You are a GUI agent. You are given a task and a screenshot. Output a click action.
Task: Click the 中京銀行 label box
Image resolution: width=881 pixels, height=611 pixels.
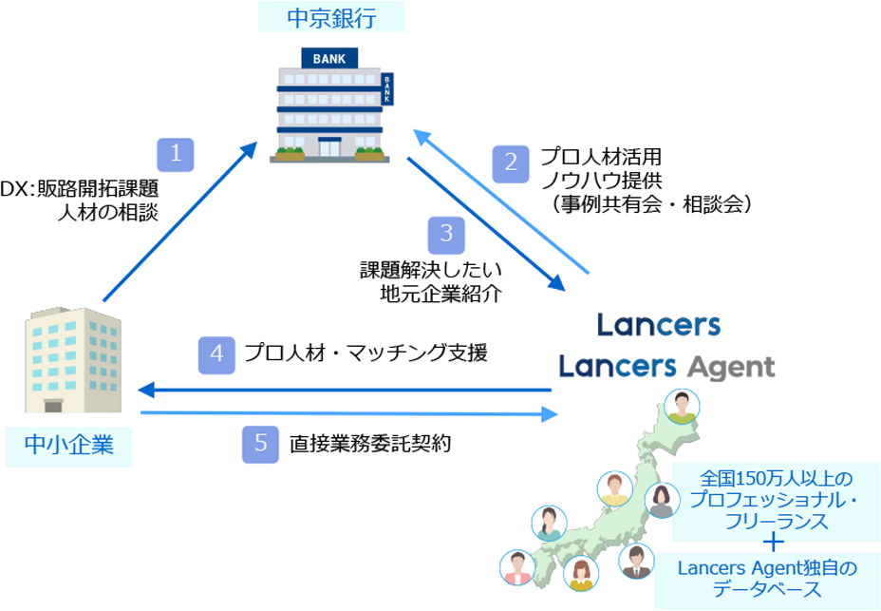pyautogui.click(x=331, y=16)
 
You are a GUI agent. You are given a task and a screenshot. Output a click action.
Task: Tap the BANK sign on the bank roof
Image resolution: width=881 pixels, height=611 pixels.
pyautogui.click(x=329, y=59)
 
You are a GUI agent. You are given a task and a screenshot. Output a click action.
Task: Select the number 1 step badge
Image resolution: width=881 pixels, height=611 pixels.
pyautogui.click(x=176, y=154)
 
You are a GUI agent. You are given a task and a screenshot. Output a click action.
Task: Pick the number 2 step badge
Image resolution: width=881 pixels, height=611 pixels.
pyautogui.click(x=511, y=162)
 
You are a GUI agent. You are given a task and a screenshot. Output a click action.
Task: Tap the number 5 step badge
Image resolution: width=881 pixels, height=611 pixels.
pyautogui.click(x=260, y=443)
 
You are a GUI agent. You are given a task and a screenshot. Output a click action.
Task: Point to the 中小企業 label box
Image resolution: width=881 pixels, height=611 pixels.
pyautogui.click(x=68, y=444)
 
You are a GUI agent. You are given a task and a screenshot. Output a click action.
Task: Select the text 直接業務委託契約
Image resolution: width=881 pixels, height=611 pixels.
pyautogui.click(x=368, y=443)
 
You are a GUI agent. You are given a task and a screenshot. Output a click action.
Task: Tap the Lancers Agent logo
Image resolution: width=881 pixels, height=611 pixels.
pyautogui.click(x=666, y=366)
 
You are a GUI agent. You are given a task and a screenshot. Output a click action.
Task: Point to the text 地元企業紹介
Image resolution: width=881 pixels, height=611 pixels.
pyautogui.click(x=440, y=293)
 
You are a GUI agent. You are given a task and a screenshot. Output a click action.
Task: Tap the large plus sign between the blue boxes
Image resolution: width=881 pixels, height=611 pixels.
pyautogui.click(x=774, y=544)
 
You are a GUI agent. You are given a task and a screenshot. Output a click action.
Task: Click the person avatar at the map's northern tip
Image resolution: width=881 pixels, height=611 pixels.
pyautogui.click(x=681, y=407)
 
